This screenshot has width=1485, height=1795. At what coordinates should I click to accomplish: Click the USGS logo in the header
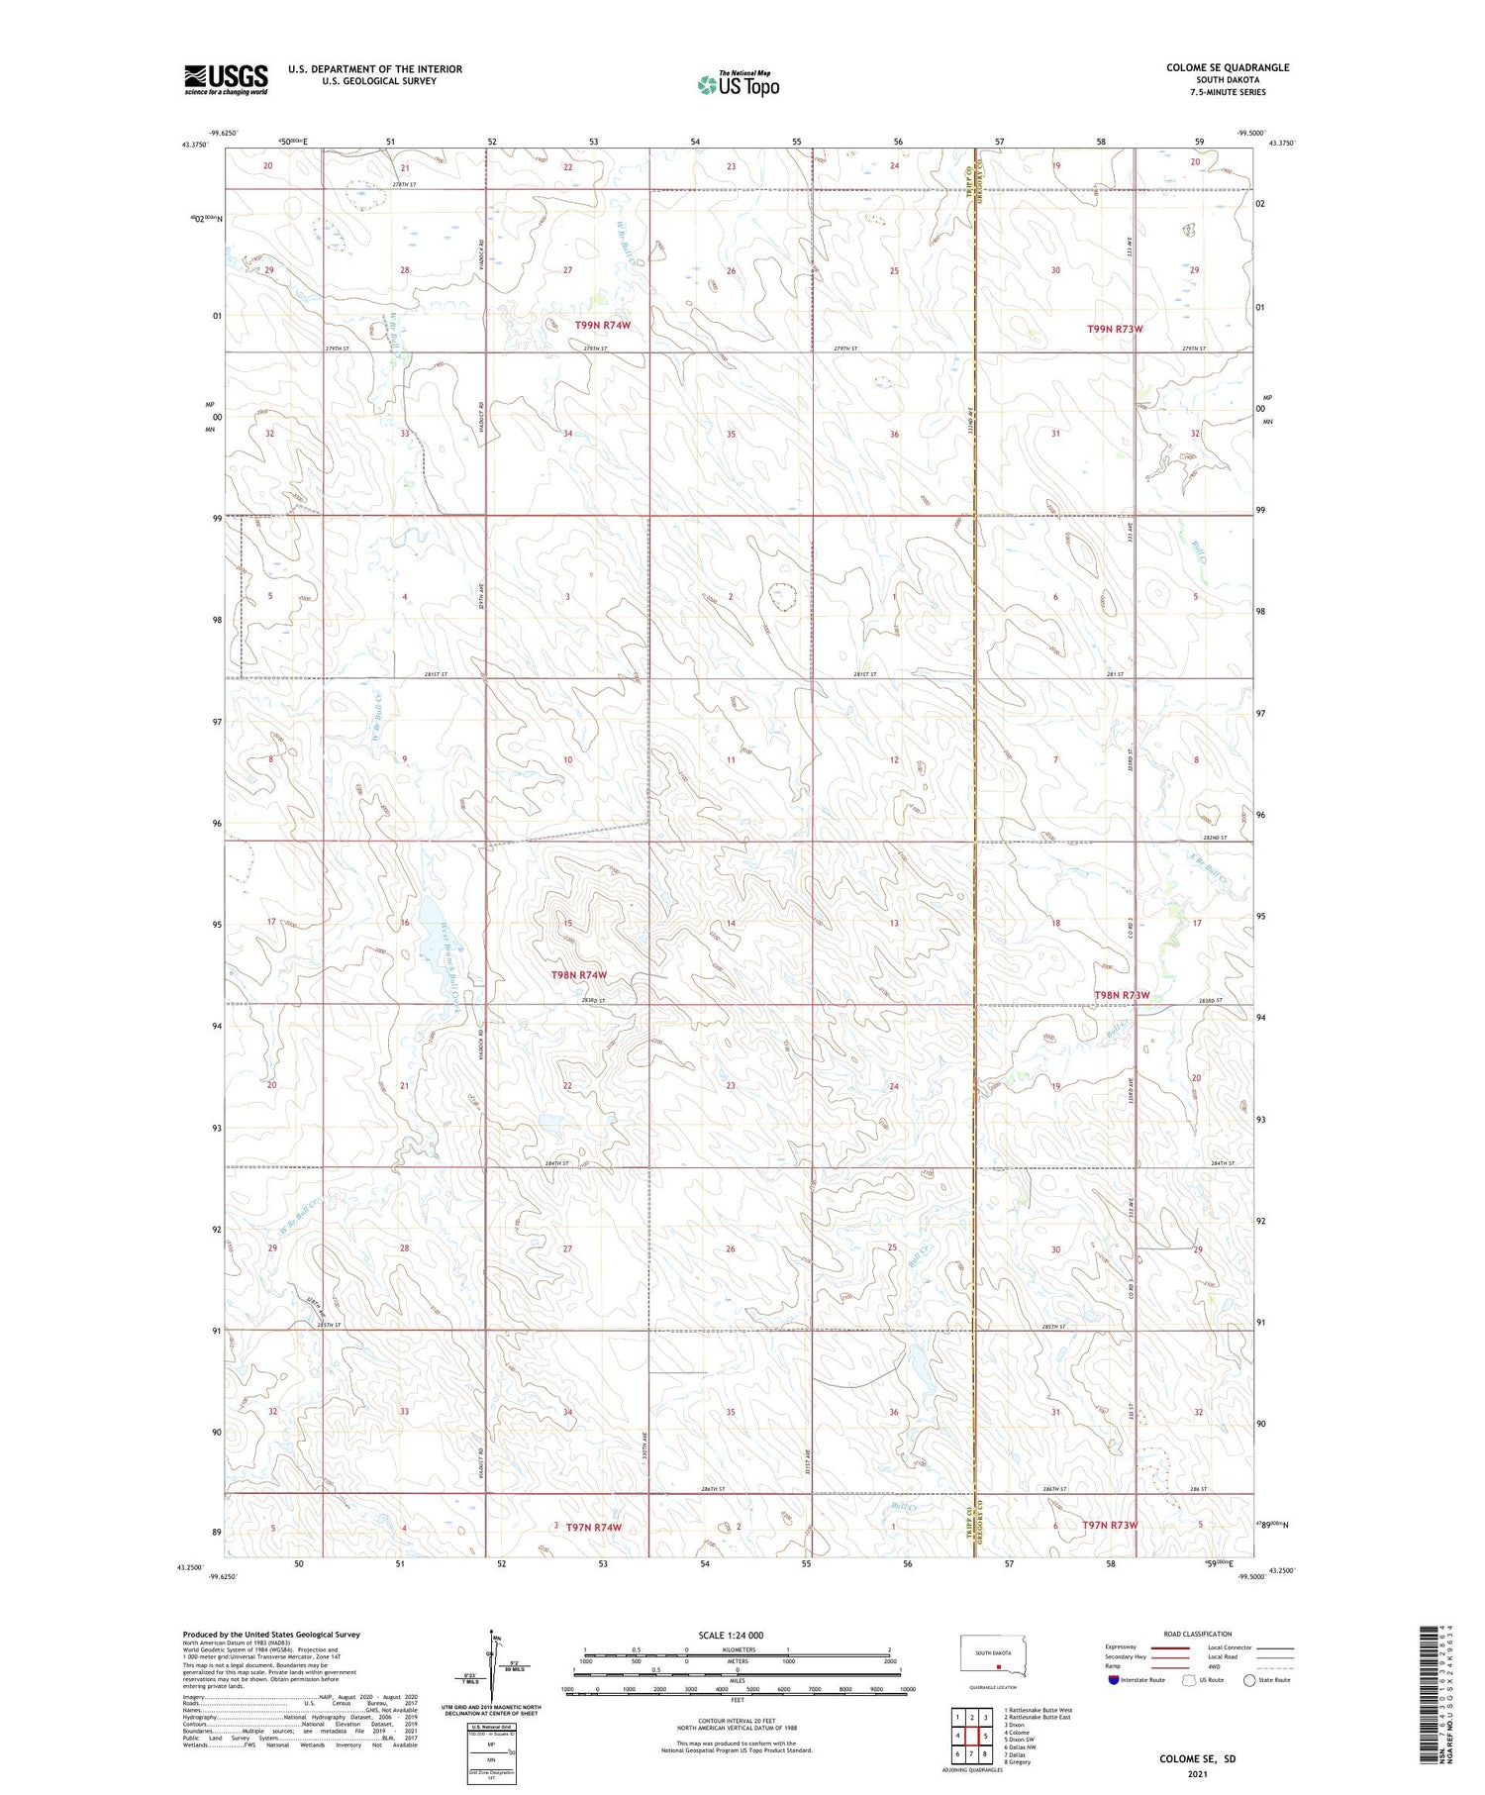pos(226,79)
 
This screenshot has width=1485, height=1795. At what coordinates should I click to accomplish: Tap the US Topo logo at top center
pos(738,84)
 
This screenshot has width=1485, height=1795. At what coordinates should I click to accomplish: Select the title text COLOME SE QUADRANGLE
pos(1227,68)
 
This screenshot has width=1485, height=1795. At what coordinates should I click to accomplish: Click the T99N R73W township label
pos(1114,329)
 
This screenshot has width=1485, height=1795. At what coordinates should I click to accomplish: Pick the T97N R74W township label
pos(594,1527)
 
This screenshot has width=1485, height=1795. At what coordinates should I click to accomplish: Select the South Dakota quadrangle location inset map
pos(994,1657)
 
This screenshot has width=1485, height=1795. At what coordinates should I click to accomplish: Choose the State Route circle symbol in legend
pos(1249,1679)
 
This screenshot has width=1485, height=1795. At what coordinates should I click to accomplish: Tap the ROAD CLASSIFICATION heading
pos(1197,1634)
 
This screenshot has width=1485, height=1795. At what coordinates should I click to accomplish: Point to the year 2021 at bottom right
pos(1197,1772)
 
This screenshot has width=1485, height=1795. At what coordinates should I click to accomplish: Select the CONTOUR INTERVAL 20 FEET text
pos(737,1721)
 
